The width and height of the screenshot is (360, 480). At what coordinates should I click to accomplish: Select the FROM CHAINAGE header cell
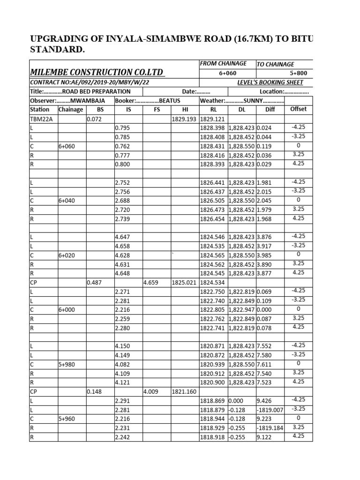pyautogui.click(x=223, y=63)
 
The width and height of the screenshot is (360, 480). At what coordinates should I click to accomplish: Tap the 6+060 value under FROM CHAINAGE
pyautogui.click(x=227, y=73)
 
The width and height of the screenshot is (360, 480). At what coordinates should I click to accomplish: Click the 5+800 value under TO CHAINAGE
pyautogui.click(x=299, y=73)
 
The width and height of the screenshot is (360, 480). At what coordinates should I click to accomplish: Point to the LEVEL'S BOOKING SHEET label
pyautogui.click(x=270, y=82)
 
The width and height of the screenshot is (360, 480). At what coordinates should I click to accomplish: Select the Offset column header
pyautogui.click(x=299, y=109)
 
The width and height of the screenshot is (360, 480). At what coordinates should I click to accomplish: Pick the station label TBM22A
pyautogui.click(x=41, y=119)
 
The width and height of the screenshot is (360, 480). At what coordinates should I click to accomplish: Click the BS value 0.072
pyautogui.click(x=94, y=119)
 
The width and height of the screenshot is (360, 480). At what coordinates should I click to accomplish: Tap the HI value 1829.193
pyautogui.click(x=184, y=119)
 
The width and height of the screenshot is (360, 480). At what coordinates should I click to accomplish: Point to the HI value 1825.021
pyautogui.click(x=184, y=283)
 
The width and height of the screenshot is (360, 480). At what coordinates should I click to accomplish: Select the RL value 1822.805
pyautogui.click(x=213, y=310)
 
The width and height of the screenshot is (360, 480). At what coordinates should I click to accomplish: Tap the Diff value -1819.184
pyautogui.click(x=270, y=427)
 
